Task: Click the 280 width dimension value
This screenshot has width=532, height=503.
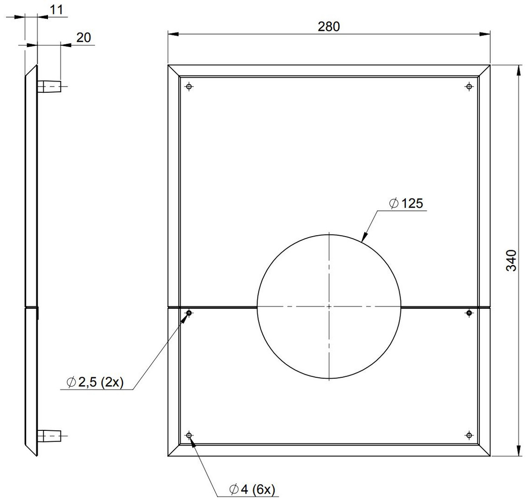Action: (x=329, y=27)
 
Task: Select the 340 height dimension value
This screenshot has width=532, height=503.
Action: (x=511, y=260)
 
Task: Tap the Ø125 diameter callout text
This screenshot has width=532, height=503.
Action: (x=407, y=204)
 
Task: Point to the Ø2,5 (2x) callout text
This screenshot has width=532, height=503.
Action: (x=95, y=382)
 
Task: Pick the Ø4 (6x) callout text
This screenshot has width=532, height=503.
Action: (x=252, y=489)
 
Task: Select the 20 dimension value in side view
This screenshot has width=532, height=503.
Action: (x=83, y=37)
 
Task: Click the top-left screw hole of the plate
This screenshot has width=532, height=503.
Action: (x=189, y=87)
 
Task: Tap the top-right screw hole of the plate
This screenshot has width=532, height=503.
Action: (x=469, y=87)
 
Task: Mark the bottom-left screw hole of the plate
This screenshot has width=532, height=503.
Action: (x=189, y=435)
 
